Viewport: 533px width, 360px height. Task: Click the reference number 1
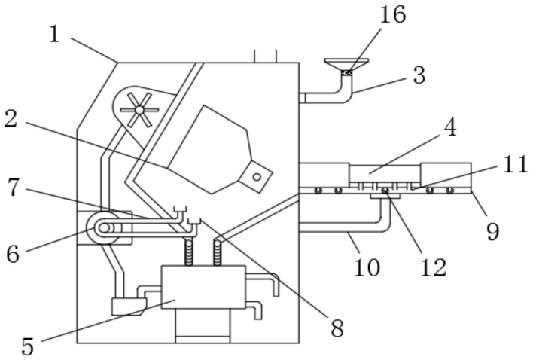coord(54,35)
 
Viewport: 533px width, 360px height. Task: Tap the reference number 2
coord(11,119)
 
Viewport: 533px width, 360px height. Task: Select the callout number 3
coord(419,75)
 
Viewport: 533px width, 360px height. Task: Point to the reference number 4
coord(451,128)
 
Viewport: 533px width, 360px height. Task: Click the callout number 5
coord(28,346)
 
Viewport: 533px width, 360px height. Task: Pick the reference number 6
coord(14,255)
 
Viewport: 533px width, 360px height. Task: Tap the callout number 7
coord(14,188)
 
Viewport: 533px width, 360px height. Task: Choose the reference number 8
coord(337,328)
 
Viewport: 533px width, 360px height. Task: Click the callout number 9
coord(492,232)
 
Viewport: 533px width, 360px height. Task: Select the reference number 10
coord(367,267)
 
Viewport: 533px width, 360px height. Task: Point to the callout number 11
coord(515,164)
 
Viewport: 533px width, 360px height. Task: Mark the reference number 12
coord(433,267)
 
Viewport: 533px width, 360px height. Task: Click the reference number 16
coord(393,14)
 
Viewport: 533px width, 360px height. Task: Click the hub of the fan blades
coord(139,110)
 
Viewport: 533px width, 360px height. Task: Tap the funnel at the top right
coord(346,65)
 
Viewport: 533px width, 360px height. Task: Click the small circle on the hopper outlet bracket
coord(257,177)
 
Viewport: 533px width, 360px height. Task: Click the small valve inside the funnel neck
coord(347,72)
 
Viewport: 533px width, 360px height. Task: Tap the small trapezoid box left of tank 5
coord(129,307)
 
